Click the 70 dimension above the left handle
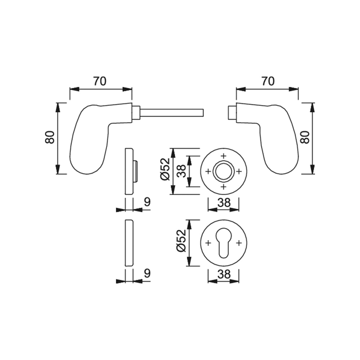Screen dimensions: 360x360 pyautogui.click(x=100, y=81)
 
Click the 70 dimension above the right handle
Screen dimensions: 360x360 pyautogui.click(x=268, y=81)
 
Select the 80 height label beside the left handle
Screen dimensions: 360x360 pyautogui.click(x=50, y=137)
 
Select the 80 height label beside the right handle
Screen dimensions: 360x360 pyautogui.click(x=305, y=137)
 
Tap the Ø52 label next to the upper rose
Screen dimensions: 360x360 pyautogui.click(x=165, y=169)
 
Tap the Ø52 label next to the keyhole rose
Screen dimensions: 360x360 pyautogui.click(x=181, y=241)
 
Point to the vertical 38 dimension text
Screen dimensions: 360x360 pyautogui.click(x=181, y=171)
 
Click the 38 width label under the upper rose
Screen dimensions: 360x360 pyautogui.click(x=224, y=203)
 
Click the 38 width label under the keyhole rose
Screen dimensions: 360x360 pyautogui.click(x=224, y=274)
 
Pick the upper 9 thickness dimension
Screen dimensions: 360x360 pyautogui.click(x=147, y=202)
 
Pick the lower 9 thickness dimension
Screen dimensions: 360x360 pyautogui.click(x=147, y=274)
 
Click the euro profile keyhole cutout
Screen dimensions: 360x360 pyautogui.click(x=223, y=243)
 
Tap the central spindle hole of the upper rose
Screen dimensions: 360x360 pyautogui.click(x=223, y=171)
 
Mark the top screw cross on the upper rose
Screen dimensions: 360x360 pyautogui.click(x=223, y=156)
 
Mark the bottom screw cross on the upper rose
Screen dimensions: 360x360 pyautogui.click(x=223, y=186)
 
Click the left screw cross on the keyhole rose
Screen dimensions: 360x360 pyautogui.click(x=208, y=243)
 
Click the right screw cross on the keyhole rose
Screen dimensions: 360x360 pyautogui.click(x=239, y=243)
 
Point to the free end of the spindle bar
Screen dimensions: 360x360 pyautogui.click(x=203, y=113)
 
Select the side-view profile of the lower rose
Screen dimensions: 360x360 pyautogui.click(x=129, y=243)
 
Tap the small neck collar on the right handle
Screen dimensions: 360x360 pyautogui.click(x=232, y=113)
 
